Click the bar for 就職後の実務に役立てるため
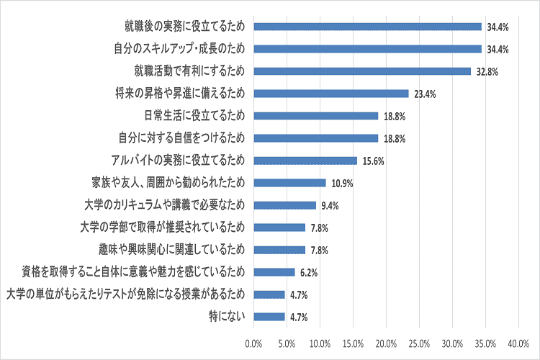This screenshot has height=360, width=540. [x=367, y=27]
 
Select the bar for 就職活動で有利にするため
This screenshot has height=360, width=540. [x=362, y=71]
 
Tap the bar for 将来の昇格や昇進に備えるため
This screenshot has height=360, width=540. [x=331, y=94]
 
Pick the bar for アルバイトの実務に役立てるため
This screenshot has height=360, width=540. [x=305, y=161]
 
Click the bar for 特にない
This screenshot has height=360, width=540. [x=269, y=316]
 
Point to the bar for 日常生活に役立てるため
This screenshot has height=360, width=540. [x=315, y=116]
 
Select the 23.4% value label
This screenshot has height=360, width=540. [x=423, y=94]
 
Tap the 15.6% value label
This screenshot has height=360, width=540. [x=371, y=161]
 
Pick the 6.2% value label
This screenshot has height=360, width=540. [x=307, y=272]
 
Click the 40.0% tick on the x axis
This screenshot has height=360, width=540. [x=519, y=342]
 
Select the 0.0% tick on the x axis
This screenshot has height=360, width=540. [x=254, y=342]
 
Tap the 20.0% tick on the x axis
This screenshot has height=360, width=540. [x=387, y=342]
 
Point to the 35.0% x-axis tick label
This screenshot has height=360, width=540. [x=486, y=342]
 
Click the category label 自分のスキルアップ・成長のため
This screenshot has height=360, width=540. [x=179, y=49]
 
